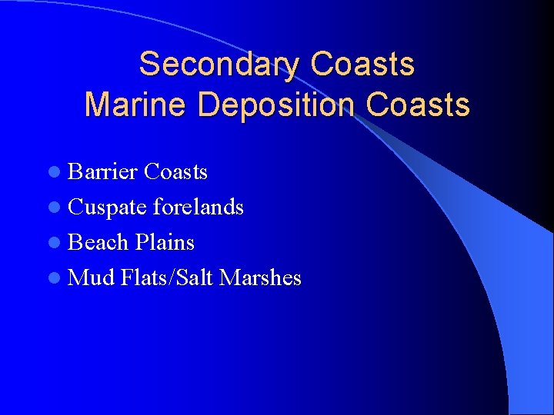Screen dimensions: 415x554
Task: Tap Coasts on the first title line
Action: coord(362,64)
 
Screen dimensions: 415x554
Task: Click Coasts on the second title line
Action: coord(418,104)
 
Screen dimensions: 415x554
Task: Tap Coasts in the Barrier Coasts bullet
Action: coord(175,171)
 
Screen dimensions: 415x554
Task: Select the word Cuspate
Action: coord(108,207)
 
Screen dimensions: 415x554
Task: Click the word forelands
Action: coord(199,207)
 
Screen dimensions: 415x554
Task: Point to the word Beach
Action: coord(98,242)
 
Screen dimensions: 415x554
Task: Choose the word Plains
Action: coord(165,242)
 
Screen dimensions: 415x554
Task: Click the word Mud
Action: coord(92,277)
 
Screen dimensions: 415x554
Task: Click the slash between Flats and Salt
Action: coord(172,277)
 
